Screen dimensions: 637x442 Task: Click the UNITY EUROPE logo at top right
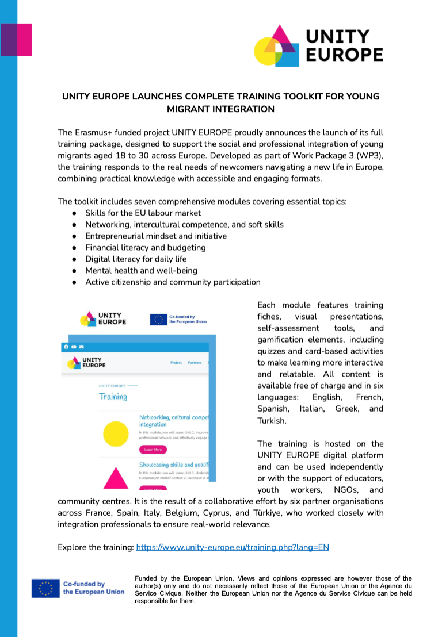pos(318,46)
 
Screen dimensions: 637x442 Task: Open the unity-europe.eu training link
pos(233,547)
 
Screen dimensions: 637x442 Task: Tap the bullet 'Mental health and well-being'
pos(141,270)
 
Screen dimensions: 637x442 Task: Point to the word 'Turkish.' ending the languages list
pos(272,420)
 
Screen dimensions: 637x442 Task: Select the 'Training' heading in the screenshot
pos(113,397)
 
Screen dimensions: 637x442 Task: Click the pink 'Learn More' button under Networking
pos(153,449)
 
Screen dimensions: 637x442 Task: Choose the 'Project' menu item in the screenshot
pos(176,363)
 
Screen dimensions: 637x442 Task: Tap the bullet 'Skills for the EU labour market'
pos(143,213)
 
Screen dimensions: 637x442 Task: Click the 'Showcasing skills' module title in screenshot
pos(173,465)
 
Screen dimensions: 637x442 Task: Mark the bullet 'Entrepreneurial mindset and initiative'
pos(156,236)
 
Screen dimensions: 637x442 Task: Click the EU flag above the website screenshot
pos(158,319)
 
